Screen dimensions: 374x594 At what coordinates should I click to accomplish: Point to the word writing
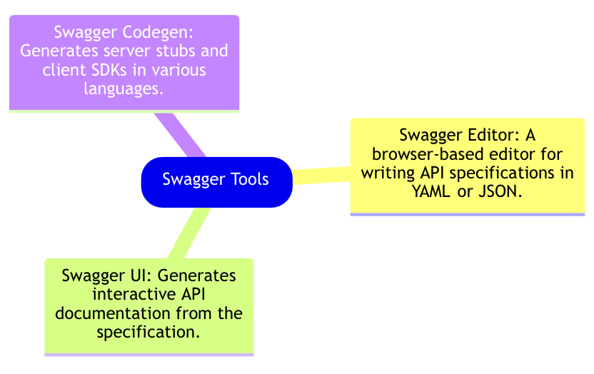pyautogui.click(x=386, y=173)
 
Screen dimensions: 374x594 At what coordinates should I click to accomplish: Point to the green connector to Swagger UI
pyautogui.click(x=187, y=233)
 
